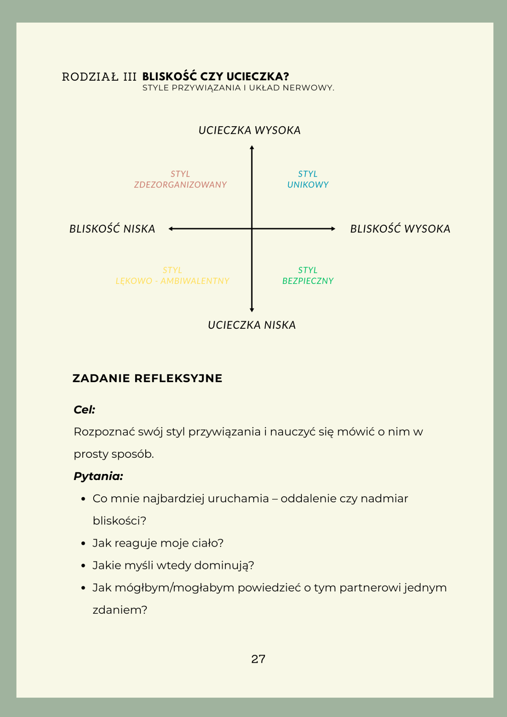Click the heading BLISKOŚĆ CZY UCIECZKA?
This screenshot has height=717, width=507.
pyautogui.click(x=215, y=76)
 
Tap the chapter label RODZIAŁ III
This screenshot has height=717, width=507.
pyautogui.click(x=99, y=77)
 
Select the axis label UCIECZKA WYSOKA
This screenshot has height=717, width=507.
pyautogui.click(x=250, y=130)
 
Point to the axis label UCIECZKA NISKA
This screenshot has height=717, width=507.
pyautogui.click(x=252, y=325)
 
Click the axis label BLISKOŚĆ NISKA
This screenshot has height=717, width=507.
pyautogui.click(x=112, y=229)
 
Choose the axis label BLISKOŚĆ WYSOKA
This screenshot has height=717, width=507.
pyautogui.click(x=400, y=229)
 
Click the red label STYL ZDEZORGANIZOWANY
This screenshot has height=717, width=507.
pyautogui.click(x=180, y=179)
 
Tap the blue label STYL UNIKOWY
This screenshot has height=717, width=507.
pyautogui.click(x=308, y=179)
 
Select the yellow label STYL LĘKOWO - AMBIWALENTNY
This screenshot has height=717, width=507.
pyautogui.click(x=172, y=275)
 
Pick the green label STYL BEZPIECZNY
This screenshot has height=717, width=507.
pyautogui.click(x=308, y=275)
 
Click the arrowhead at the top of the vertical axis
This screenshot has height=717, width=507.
pyautogui.click(x=252, y=147)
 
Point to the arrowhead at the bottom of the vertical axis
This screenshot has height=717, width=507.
pyautogui.click(x=252, y=310)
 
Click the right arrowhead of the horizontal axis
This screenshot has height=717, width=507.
pyautogui.click(x=333, y=229)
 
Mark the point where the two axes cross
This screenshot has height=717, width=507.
pyautogui.click(x=252, y=229)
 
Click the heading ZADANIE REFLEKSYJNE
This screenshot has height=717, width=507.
pyautogui.click(x=147, y=378)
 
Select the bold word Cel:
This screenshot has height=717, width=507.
pyautogui.click(x=84, y=410)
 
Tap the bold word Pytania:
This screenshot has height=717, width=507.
pyautogui.click(x=98, y=476)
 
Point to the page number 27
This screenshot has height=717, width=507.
pyautogui.click(x=258, y=659)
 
